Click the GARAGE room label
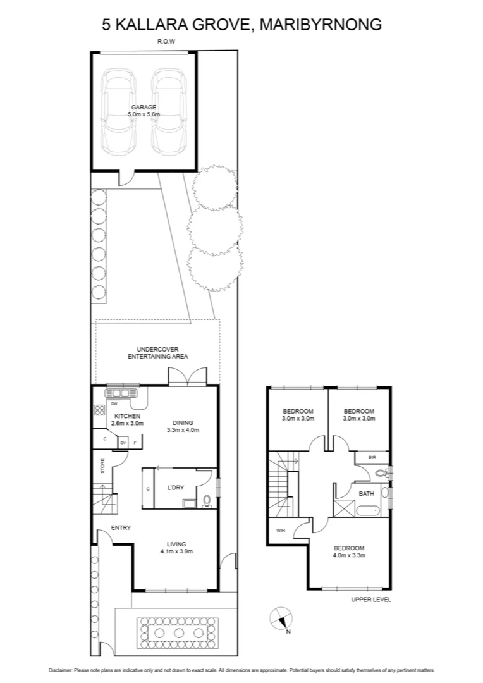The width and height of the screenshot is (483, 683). point(144,107)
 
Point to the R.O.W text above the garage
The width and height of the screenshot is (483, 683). point(166,42)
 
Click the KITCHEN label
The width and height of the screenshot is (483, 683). point(127,415)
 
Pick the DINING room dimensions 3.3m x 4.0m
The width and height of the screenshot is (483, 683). point(183,430)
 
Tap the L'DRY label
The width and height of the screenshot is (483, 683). point(175,488)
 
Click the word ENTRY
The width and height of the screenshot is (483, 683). point(121,527)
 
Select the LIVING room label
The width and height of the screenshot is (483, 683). point(176,543)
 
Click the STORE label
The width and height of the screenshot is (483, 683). point(102,466)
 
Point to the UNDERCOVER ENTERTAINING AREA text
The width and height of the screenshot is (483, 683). point(158,353)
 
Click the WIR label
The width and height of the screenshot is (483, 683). point(280,531)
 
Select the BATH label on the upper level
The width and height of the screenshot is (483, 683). point(365,493)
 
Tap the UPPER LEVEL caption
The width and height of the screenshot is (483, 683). point(371,600)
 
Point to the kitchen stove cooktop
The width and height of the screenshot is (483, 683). point(100,410)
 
